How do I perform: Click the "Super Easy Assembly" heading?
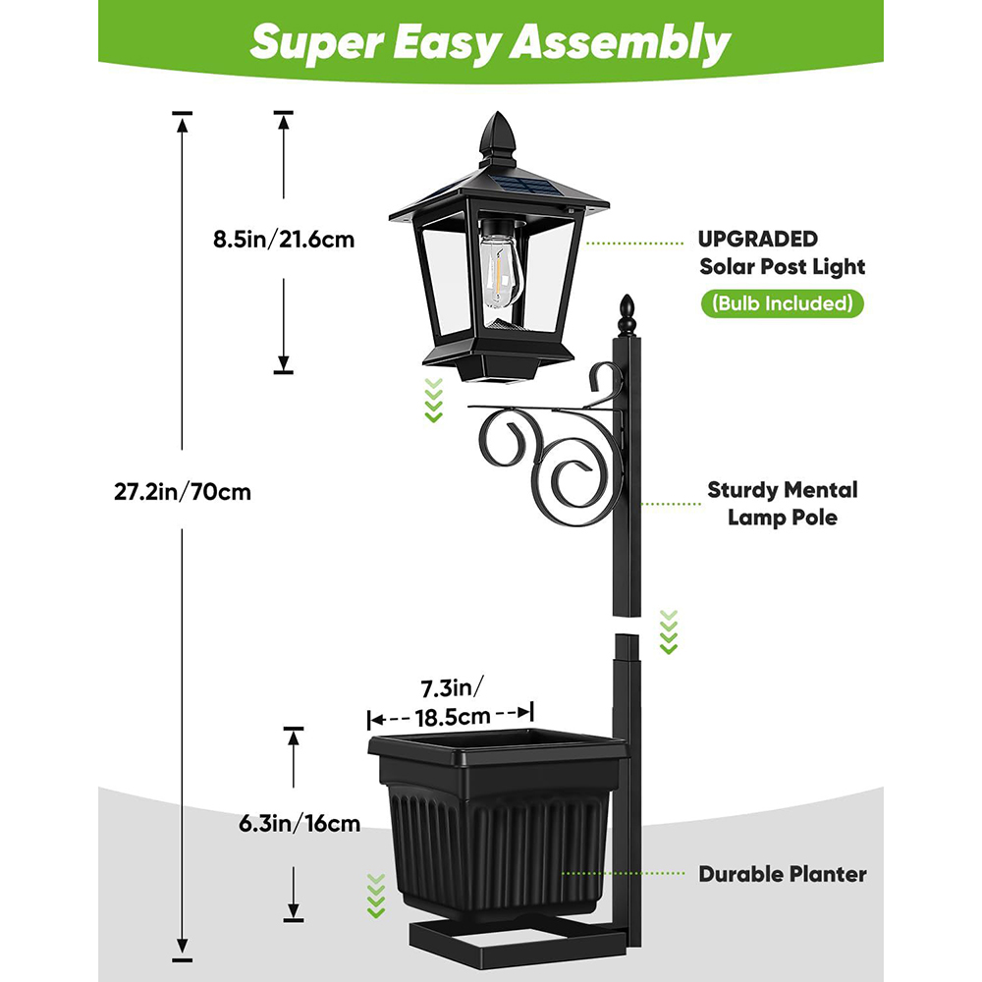490,42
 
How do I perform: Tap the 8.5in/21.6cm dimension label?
284,240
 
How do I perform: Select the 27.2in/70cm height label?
183,492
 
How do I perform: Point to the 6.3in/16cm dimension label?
300,823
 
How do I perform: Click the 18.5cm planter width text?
453,717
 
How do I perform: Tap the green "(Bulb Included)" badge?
783,303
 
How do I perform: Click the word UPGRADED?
758,239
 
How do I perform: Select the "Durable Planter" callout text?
783,874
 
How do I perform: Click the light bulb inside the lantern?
500,270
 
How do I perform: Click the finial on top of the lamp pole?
627,315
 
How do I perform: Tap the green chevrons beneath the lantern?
433,401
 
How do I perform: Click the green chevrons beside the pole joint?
669,631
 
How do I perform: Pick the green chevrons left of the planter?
376,897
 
